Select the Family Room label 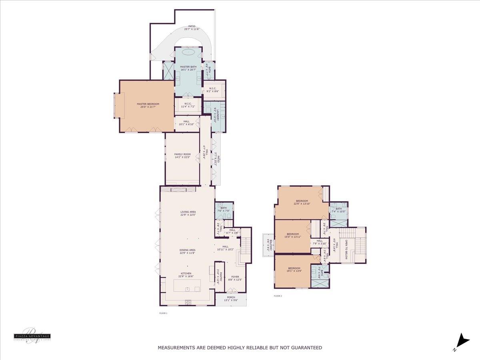point(182,156)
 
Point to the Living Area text point(188,213)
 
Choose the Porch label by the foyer point(231,299)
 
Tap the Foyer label point(235,278)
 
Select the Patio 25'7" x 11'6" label point(192,28)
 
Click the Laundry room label point(216,114)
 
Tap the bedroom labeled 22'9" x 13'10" point(302,202)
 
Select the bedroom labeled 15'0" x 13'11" point(292,235)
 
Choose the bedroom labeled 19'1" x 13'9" point(294,270)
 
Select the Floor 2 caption point(278,296)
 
